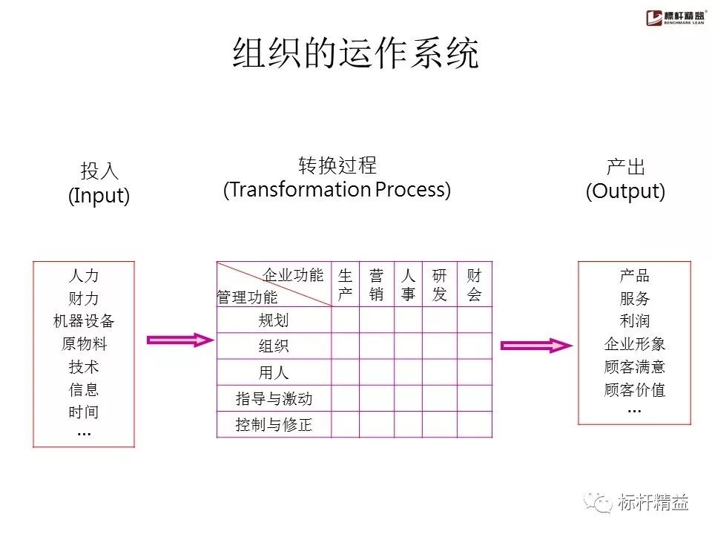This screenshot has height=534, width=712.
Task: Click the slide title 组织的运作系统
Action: tap(356, 53)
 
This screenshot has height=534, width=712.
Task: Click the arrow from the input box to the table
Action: tap(180, 340)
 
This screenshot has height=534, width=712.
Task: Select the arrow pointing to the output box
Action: tap(536, 346)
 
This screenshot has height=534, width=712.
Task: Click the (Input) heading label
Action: tap(99, 196)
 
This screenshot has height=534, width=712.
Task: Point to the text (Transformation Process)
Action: tap(337, 190)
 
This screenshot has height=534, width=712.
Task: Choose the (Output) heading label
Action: tap(625, 191)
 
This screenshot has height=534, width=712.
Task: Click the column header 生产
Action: tap(346, 285)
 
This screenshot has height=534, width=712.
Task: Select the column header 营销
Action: tap(377, 285)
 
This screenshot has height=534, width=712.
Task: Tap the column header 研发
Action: tap(440, 285)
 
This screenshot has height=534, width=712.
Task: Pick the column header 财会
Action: tap(474, 285)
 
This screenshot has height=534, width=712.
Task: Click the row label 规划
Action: tap(274, 320)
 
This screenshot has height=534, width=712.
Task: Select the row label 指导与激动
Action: tap(274, 399)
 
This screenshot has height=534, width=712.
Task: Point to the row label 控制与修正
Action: tap(274, 426)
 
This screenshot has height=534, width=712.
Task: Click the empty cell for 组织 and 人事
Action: tap(408, 346)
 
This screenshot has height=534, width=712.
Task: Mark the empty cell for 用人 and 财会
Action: tap(474, 372)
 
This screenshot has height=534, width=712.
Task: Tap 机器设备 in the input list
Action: tap(84, 322)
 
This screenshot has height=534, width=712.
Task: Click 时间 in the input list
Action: tap(84, 412)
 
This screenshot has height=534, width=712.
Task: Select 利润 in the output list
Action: tap(634, 322)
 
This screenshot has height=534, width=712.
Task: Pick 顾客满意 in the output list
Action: tap(634, 367)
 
